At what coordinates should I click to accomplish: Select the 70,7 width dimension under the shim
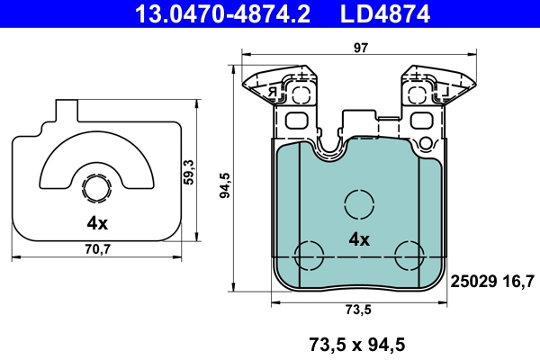(98, 249)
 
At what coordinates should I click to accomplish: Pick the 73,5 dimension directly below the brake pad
(358, 310)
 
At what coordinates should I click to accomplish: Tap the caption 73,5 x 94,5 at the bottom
(358, 343)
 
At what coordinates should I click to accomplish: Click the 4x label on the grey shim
(97, 222)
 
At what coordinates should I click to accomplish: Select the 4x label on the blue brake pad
(359, 239)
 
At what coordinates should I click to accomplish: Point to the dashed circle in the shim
(96, 189)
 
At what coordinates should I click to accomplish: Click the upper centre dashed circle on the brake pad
(359, 203)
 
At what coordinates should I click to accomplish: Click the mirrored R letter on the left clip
(271, 92)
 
